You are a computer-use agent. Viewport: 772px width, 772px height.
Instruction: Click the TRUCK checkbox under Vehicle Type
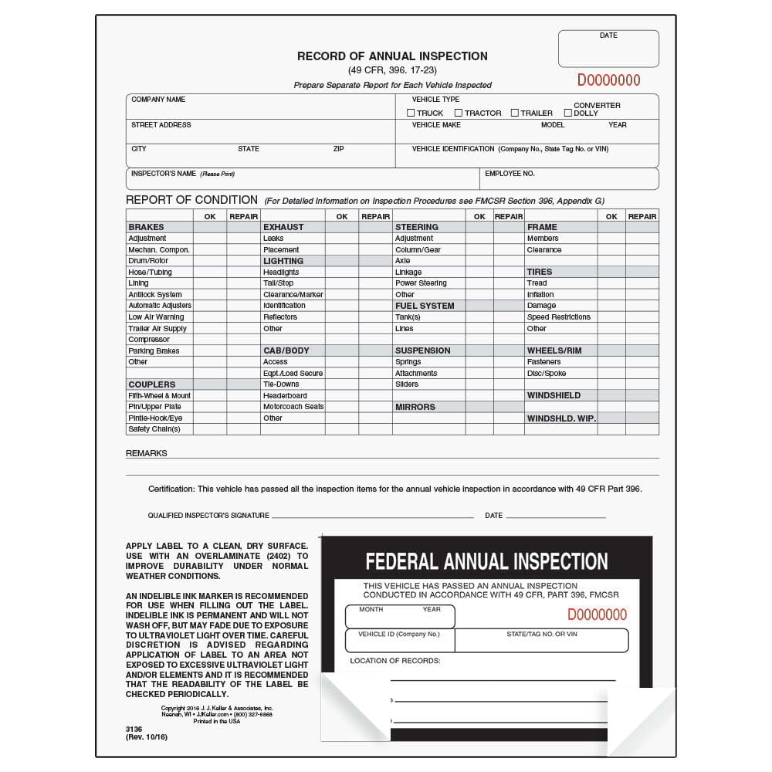tap(411, 113)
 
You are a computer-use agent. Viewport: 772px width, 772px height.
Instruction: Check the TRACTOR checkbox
tap(459, 113)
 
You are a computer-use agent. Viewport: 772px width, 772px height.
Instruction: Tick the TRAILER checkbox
tap(514, 113)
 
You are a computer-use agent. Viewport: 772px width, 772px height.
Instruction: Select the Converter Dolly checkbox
tap(568, 113)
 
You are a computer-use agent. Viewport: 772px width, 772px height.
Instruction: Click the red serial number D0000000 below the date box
tap(608, 80)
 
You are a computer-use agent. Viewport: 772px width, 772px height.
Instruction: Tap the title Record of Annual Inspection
tap(392, 56)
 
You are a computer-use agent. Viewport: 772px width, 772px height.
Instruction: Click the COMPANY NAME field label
tap(158, 100)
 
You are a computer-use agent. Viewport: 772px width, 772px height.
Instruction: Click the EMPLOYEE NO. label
tap(510, 174)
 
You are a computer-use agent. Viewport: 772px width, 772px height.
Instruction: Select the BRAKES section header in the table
tap(147, 227)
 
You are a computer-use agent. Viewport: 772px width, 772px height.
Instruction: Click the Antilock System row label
tap(155, 294)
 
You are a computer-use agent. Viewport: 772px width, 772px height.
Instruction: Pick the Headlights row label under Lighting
tap(281, 272)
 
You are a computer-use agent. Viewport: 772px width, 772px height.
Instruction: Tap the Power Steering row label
tap(421, 283)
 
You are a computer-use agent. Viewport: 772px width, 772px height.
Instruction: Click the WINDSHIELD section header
tap(554, 395)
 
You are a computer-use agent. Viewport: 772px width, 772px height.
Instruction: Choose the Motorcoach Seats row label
tap(293, 407)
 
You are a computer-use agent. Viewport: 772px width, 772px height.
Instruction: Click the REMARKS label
tap(147, 453)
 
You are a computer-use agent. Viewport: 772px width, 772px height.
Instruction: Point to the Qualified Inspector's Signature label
tap(208, 515)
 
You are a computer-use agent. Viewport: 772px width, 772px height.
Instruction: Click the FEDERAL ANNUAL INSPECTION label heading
tap(486, 561)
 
